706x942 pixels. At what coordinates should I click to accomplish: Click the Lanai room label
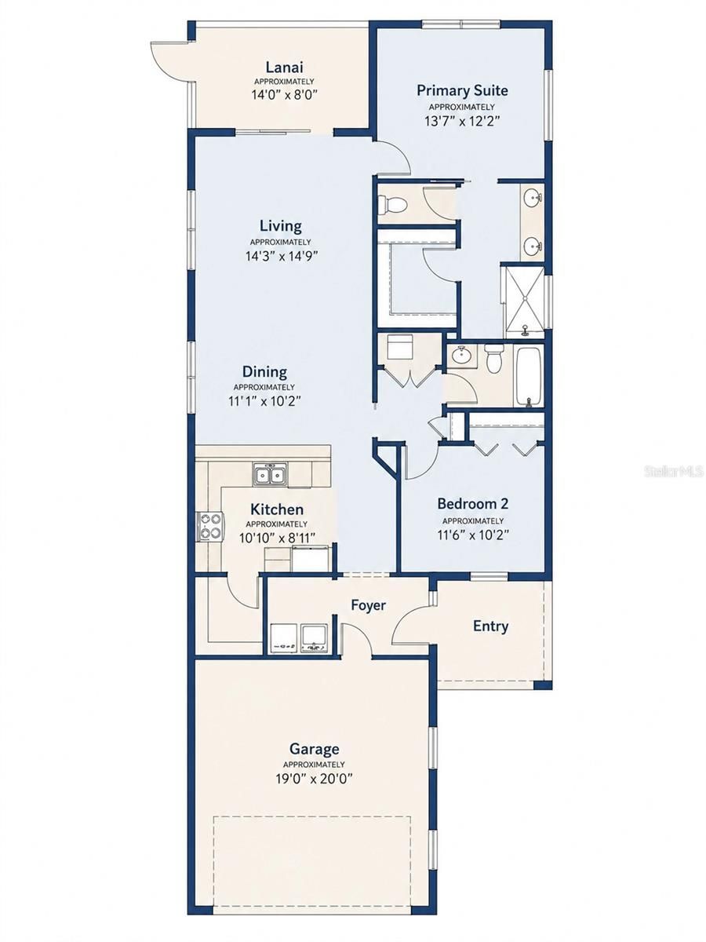tap(284, 68)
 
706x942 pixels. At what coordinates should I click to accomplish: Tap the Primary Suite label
tap(462, 90)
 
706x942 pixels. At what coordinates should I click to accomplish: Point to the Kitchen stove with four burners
tap(210, 527)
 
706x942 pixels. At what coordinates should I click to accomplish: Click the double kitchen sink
tap(270, 474)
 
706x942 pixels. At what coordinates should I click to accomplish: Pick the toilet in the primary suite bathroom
tap(394, 204)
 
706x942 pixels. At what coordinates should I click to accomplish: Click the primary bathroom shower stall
tap(524, 302)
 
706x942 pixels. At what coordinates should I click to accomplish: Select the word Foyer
tap(368, 605)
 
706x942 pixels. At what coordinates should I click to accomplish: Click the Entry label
tap(490, 626)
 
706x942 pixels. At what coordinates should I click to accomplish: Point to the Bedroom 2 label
tap(473, 503)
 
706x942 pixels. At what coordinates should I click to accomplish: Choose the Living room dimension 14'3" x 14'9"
tap(281, 256)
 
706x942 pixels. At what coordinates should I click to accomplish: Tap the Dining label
tap(264, 371)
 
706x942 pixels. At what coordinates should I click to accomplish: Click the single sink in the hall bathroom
tap(461, 355)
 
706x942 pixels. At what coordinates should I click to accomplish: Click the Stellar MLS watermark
tap(674, 472)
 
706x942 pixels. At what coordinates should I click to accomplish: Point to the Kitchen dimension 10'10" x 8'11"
tap(278, 539)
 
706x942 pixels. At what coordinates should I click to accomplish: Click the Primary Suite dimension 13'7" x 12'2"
tap(463, 121)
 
